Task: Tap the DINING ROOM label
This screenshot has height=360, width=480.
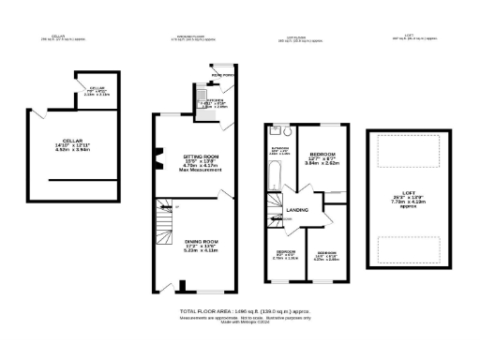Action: point(202,241)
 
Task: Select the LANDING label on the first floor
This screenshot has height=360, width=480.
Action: point(298,210)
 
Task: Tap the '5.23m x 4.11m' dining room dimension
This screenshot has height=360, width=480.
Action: point(202,251)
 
